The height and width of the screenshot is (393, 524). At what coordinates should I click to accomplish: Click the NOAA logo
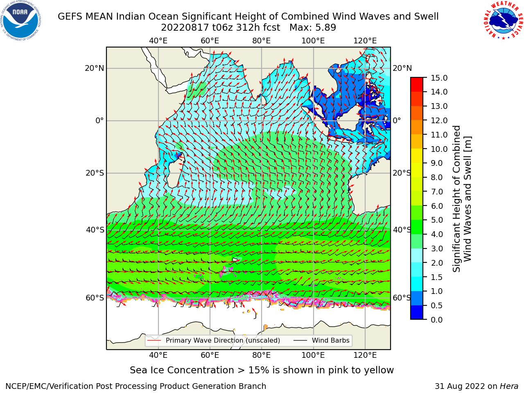20,20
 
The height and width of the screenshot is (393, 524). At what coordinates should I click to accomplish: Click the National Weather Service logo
503,20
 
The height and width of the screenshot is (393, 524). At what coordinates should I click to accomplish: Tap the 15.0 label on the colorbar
439,78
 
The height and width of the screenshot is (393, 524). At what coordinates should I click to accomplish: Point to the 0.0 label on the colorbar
437,320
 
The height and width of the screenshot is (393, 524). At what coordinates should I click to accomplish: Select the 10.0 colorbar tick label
439,149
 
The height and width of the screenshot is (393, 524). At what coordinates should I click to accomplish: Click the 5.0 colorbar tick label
437,220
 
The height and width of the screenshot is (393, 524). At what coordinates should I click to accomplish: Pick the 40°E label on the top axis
158,41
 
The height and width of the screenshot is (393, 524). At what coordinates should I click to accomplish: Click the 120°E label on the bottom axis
365,355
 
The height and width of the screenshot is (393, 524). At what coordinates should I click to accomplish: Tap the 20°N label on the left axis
95,68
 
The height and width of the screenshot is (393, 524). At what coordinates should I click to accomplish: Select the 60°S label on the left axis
95,298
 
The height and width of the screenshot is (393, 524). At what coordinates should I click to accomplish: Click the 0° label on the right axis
397,120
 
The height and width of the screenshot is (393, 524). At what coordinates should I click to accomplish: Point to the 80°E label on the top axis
262,41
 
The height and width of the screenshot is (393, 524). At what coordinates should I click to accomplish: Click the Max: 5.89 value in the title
313,28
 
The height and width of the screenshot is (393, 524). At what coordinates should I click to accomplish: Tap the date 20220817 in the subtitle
185,28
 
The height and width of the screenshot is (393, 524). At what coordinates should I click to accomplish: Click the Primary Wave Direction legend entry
214,340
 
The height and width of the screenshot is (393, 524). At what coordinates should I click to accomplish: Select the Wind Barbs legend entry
321,340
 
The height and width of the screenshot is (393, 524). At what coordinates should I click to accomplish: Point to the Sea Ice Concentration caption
262,370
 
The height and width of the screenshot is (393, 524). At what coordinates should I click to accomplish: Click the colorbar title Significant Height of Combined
456,199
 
